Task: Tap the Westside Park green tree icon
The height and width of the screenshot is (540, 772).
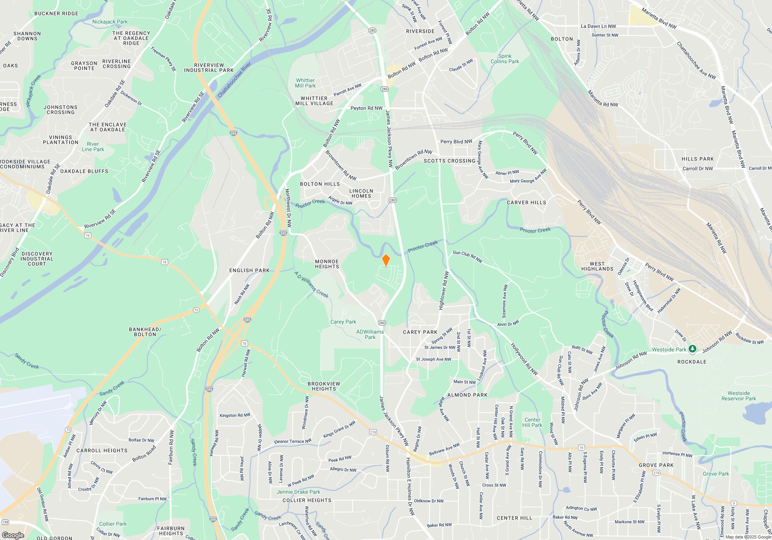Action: click(x=692, y=349)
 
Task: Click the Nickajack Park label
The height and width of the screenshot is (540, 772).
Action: click(x=110, y=22)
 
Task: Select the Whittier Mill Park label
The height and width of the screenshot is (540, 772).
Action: click(x=305, y=83)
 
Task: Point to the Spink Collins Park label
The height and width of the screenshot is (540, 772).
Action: click(x=505, y=59)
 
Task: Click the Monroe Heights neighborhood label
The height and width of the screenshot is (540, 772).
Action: click(x=327, y=264)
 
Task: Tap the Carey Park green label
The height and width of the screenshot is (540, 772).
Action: click(x=343, y=322)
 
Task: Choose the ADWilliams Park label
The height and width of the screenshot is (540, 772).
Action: click(x=370, y=334)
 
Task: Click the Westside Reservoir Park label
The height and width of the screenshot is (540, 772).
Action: click(x=738, y=396)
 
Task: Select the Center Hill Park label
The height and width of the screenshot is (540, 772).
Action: click(x=532, y=422)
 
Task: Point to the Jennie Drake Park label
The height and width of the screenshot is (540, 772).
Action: click(x=298, y=492)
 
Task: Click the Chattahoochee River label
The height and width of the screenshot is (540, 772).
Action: click(x=234, y=79)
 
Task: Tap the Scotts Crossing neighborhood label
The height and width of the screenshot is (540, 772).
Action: click(x=449, y=161)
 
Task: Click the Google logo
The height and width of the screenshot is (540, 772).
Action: click(x=13, y=535)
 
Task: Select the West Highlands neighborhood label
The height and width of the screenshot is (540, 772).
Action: click(x=597, y=266)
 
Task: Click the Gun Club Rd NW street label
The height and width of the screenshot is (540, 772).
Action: click(x=467, y=256)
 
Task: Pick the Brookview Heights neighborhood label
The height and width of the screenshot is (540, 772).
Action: click(x=324, y=386)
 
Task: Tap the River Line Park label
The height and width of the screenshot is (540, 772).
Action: click(x=93, y=147)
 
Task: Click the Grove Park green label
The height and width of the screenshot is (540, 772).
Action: click(x=716, y=474)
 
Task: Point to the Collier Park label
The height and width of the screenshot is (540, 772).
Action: click(x=113, y=524)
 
